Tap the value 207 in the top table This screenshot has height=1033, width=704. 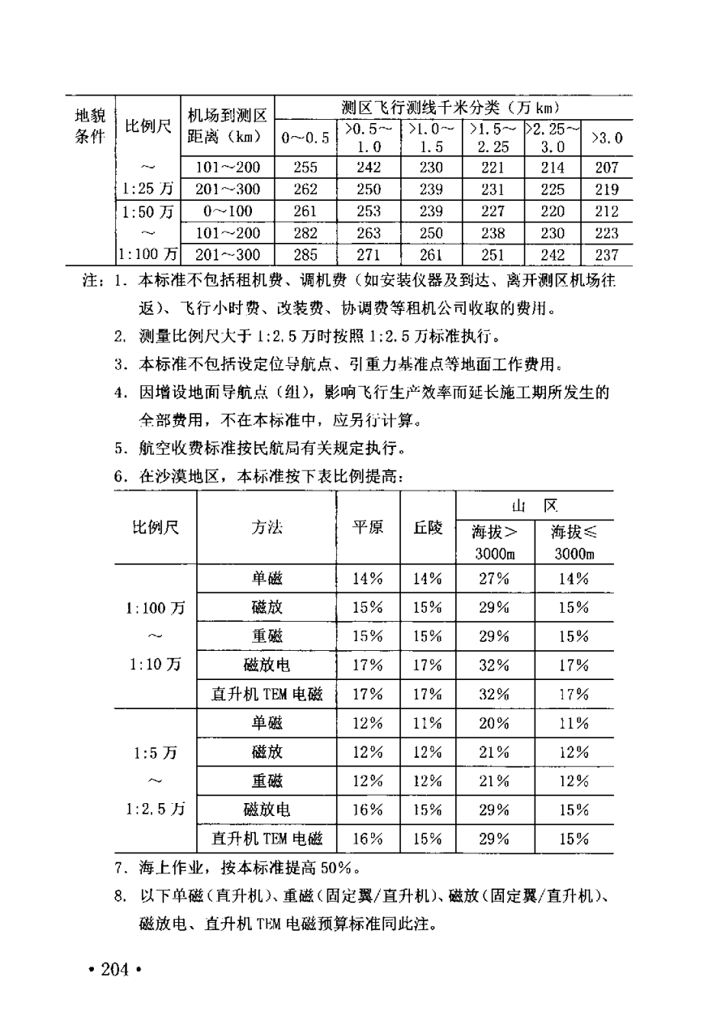(x=606, y=168)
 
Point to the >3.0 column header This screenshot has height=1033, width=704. (x=607, y=138)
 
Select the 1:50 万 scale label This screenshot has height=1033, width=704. (x=147, y=212)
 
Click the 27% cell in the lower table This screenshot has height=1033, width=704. (x=493, y=579)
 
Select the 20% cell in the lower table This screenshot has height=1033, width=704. (x=493, y=723)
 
